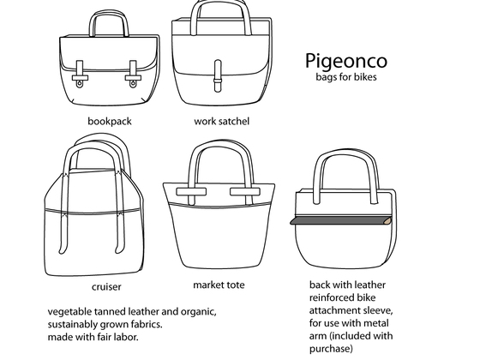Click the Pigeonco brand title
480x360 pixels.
pyautogui.click(x=346, y=61)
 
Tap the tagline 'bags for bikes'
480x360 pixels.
pyautogui.click(x=346, y=76)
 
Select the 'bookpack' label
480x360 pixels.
pyautogui.click(x=110, y=121)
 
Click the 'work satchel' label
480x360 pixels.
pyautogui.click(x=222, y=121)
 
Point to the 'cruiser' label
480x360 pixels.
pyautogui.click(x=106, y=287)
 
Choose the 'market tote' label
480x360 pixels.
pyautogui.click(x=219, y=285)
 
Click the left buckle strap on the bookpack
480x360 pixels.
pyautogui.click(x=80, y=74)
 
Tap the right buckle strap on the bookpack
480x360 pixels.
pyautogui.click(x=133, y=74)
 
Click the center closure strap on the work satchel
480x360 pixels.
pyautogui.click(x=218, y=76)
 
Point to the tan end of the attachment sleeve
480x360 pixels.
pyautogui.click(x=388, y=220)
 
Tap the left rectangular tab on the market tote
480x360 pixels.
pyautogui.click(x=191, y=192)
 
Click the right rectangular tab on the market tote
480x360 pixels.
pyautogui.click(x=245, y=192)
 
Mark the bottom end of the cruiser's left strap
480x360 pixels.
pyautogui.click(x=62, y=252)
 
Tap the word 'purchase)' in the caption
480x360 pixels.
pyautogui.click(x=331, y=349)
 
